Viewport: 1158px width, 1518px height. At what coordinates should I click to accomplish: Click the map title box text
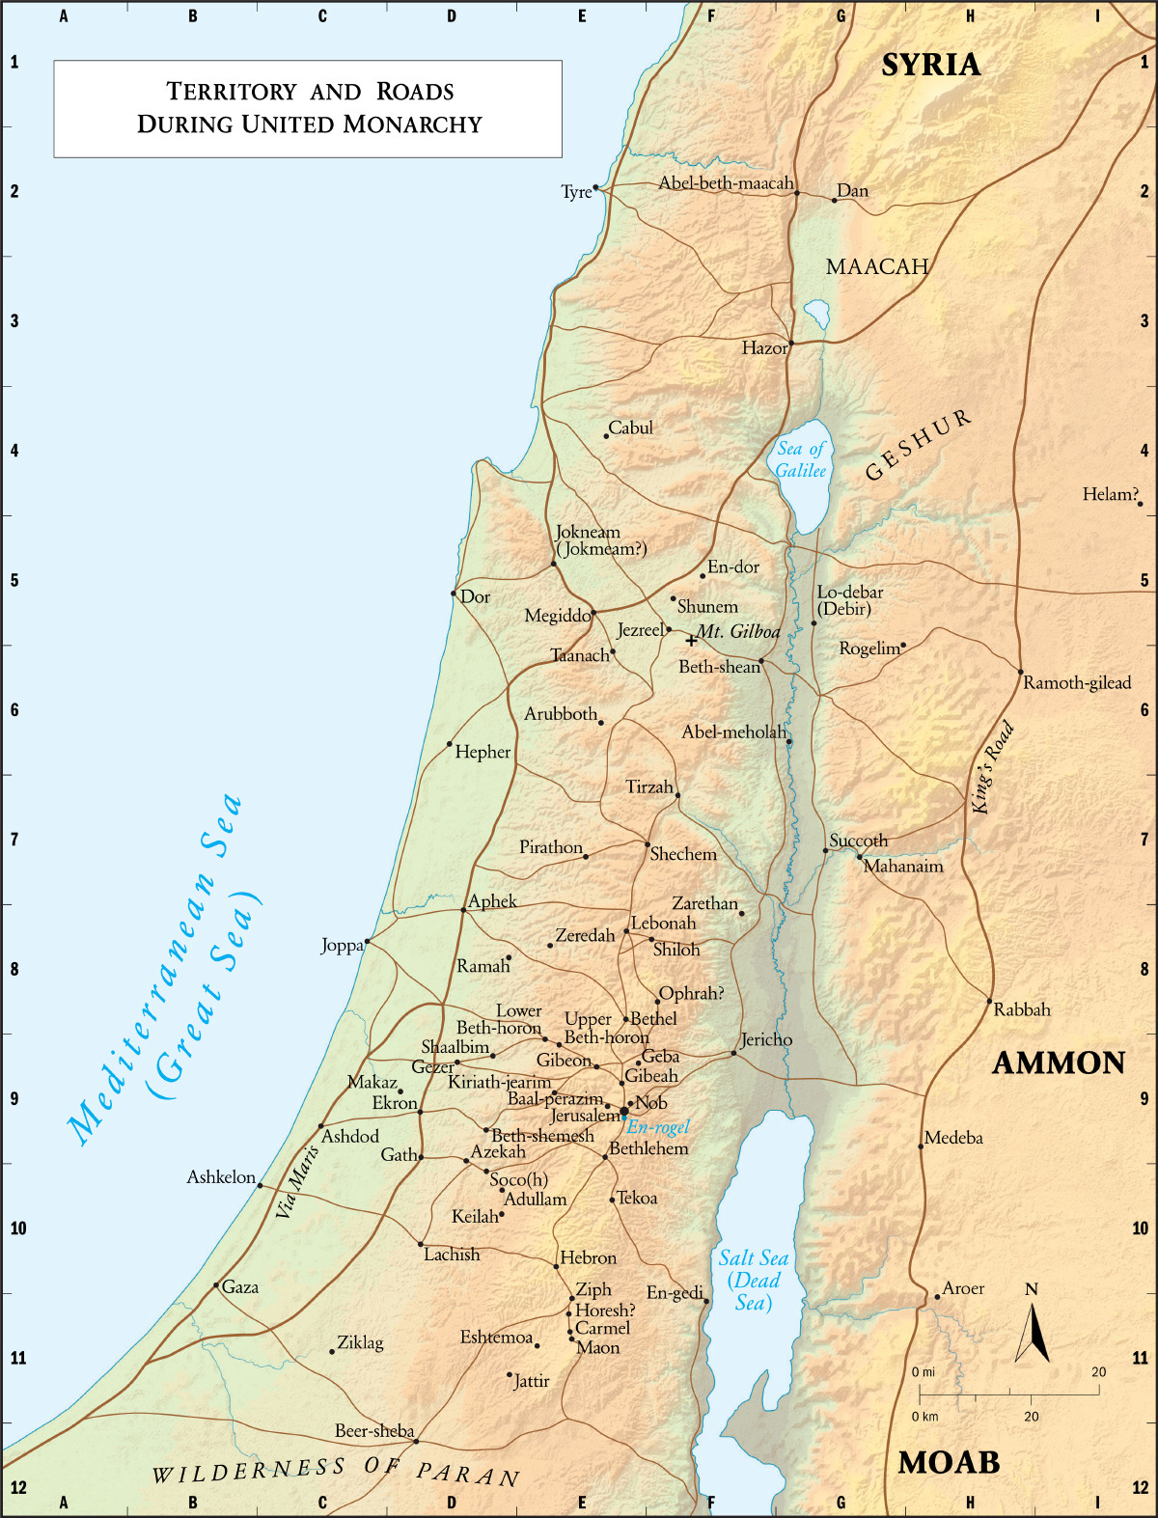[309, 107]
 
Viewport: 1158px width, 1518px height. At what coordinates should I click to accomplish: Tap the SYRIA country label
[930, 65]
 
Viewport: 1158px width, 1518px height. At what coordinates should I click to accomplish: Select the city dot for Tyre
[595, 187]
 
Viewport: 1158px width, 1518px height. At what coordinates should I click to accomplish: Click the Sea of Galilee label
[801, 459]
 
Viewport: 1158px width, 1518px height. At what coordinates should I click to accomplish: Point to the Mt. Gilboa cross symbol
[691, 640]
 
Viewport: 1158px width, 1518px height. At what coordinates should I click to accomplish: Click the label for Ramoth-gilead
[1076, 683]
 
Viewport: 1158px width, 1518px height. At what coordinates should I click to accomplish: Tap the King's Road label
[993, 767]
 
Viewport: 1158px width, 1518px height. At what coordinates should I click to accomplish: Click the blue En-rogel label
[658, 1127]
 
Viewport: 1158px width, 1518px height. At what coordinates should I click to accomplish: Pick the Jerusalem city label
[584, 1116]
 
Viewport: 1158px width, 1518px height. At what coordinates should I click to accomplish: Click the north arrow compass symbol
[1033, 1332]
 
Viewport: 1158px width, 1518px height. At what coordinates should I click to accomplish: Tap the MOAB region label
[949, 1463]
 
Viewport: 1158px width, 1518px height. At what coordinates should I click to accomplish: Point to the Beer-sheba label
[374, 1431]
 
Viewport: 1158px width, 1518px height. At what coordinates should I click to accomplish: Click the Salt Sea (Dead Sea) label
[754, 1281]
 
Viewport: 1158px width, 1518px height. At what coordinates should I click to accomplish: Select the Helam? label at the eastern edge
[1110, 494]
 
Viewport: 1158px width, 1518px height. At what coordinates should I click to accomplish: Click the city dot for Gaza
[216, 1285]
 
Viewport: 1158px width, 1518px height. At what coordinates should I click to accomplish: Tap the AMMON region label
[1059, 1063]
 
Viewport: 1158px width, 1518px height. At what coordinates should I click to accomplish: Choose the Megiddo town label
[557, 616]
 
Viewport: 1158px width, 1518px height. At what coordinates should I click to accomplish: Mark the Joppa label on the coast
[342, 946]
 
